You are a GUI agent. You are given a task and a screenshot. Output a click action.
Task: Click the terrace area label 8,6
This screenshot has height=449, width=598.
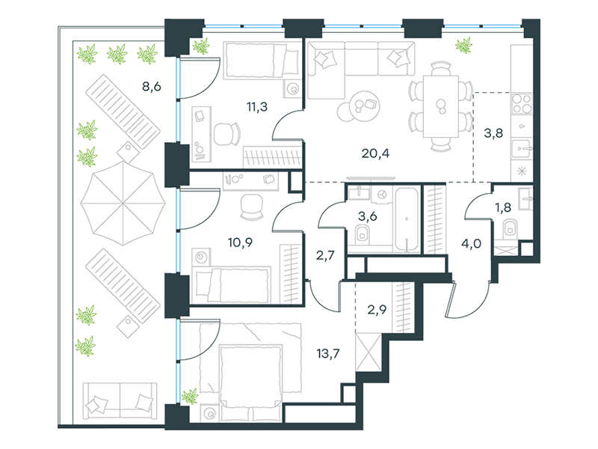click(152, 87)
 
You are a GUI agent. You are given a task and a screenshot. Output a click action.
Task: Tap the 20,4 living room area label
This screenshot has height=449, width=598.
click(375, 153)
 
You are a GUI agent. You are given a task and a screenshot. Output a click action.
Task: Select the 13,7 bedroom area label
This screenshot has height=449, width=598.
click(328, 353)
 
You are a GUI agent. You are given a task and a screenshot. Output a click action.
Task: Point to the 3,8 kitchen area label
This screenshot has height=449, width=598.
click(493, 133)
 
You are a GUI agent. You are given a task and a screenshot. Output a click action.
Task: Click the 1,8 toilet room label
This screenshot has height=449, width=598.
click(502, 208)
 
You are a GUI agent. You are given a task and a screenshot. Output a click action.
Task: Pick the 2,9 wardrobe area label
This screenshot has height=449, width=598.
click(377, 310)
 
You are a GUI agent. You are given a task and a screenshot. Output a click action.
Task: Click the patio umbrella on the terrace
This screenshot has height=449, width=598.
click(123, 203)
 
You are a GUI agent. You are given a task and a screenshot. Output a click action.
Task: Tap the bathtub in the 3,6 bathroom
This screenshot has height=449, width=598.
click(407, 219)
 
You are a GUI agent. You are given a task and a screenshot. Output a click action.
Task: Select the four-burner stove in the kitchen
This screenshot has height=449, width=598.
click(522, 103)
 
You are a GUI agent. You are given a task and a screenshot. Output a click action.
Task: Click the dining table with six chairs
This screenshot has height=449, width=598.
click(440, 106)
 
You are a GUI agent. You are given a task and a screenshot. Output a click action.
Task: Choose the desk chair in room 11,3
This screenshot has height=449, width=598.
click(227, 134)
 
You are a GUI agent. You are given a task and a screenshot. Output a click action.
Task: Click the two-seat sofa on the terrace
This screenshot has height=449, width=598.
click(120, 400)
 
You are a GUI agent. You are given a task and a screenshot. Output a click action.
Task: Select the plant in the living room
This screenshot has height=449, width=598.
click(463, 46)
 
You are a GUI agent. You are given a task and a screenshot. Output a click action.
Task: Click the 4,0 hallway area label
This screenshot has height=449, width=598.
click(472, 244)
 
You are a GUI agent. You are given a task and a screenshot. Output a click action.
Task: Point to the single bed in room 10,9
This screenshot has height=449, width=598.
click(232, 284)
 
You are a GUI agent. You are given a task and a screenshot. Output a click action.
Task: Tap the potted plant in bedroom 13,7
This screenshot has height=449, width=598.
click(190, 397)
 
